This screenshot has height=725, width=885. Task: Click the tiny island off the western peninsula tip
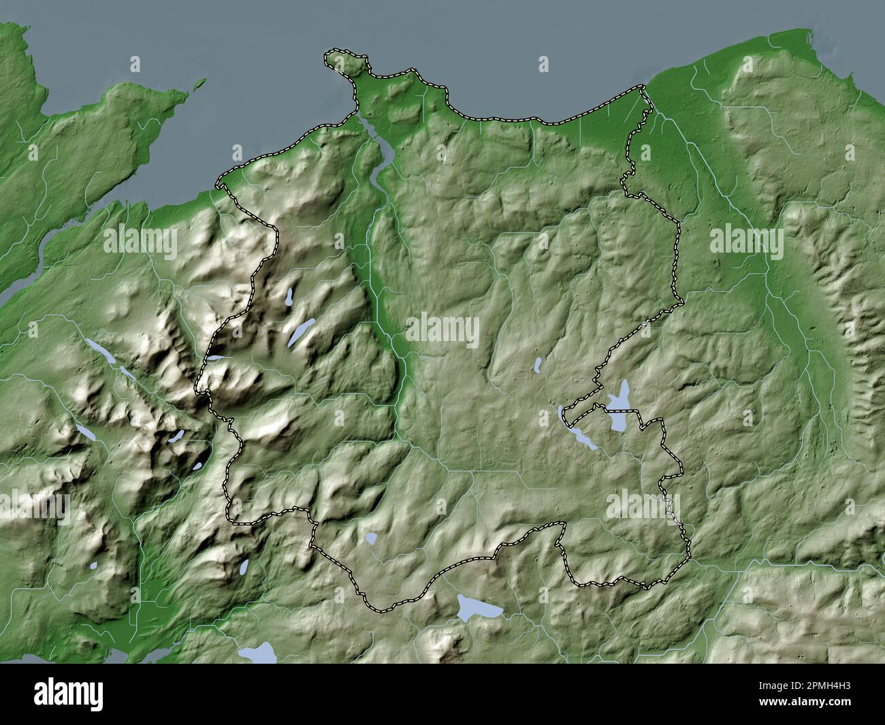pyautogui.click(x=199, y=84)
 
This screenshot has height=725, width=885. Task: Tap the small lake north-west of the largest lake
pyautogui.click(x=537, y=366)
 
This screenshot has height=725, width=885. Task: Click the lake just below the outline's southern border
pyautogui.click(x=479, y=607)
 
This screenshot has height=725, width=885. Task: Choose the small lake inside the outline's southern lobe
pyautogui.click(x=371, y=539)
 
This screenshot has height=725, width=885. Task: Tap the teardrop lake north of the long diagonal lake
pyautogui.click(x=290, y=296)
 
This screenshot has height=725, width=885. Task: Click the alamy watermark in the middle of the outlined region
pyautogui.click(x=442, y=330)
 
